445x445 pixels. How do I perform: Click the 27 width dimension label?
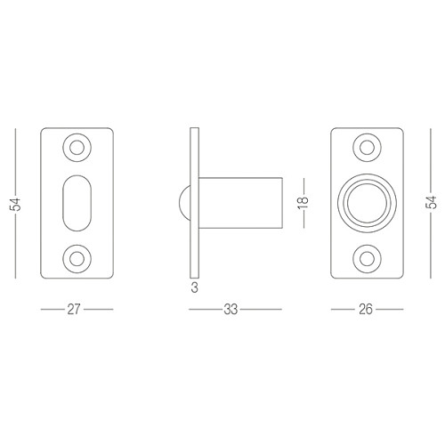[74, 309]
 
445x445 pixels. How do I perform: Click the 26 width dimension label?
[366, 309]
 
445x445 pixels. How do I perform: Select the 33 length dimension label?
[231, 310]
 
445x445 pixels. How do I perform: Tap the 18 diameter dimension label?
[303, 203]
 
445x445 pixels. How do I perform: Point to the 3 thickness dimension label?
[194, 287]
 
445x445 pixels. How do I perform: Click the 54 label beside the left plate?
[15, 204]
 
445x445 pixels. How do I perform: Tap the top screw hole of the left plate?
[77, 148]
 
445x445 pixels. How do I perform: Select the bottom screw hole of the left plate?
[77, 259]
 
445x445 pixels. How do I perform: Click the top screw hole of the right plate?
[367, 148]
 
